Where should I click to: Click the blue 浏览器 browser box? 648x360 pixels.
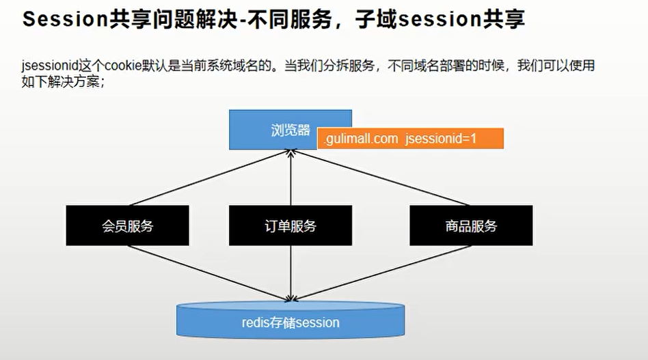tap(273, 123)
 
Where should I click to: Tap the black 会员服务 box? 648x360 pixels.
tap(127, 225)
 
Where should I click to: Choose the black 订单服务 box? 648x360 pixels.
tap(291, 225)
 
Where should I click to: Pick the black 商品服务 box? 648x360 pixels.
tap(471, 225)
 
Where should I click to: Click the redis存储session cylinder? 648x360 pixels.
tap(291, 322)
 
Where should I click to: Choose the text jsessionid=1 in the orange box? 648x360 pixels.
tap(441, 139)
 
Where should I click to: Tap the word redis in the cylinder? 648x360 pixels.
tap(256, 322)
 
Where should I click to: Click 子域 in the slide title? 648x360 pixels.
tap(375, 19)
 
